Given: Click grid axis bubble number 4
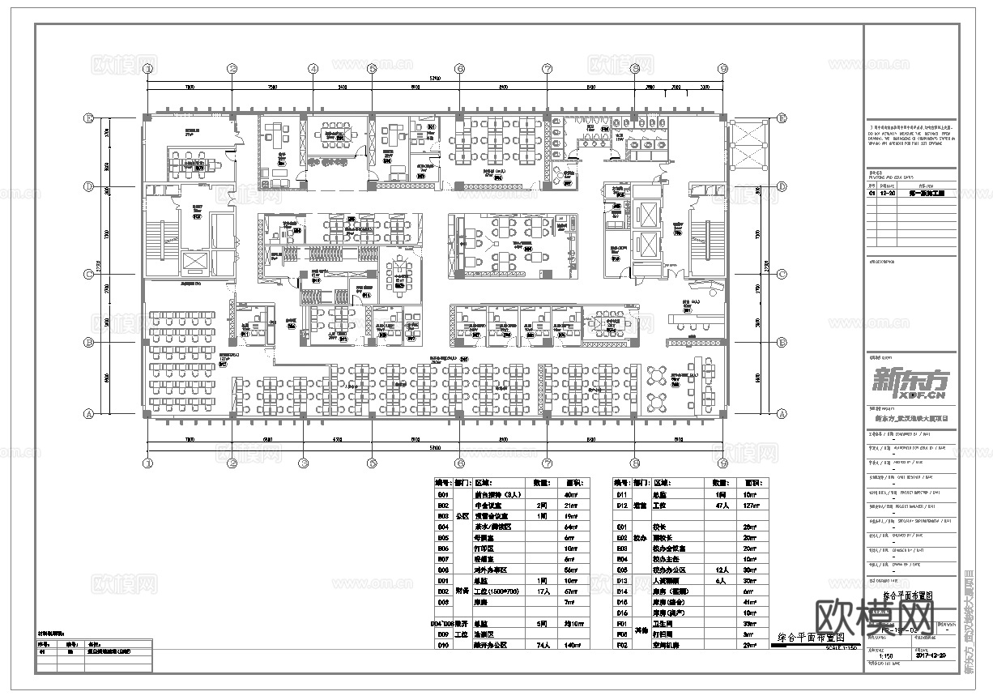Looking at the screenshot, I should [x=313, y=69].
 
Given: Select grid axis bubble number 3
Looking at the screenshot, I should [x=303, y=463].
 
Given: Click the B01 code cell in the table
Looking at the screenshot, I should [x=442, y=494].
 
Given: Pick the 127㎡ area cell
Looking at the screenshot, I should [x=752, y=505].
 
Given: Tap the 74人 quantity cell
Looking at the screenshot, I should [x=543, y=646].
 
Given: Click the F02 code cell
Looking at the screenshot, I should [x=622, y=646].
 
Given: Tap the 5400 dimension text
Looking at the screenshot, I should [x=343, y=86].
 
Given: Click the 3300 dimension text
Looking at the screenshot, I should [x=704, y=86].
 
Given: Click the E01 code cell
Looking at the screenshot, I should [x=622, y=527].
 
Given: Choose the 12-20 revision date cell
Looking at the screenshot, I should [x=885, y=194].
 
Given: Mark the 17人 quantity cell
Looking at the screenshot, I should [x=543, y=591].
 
